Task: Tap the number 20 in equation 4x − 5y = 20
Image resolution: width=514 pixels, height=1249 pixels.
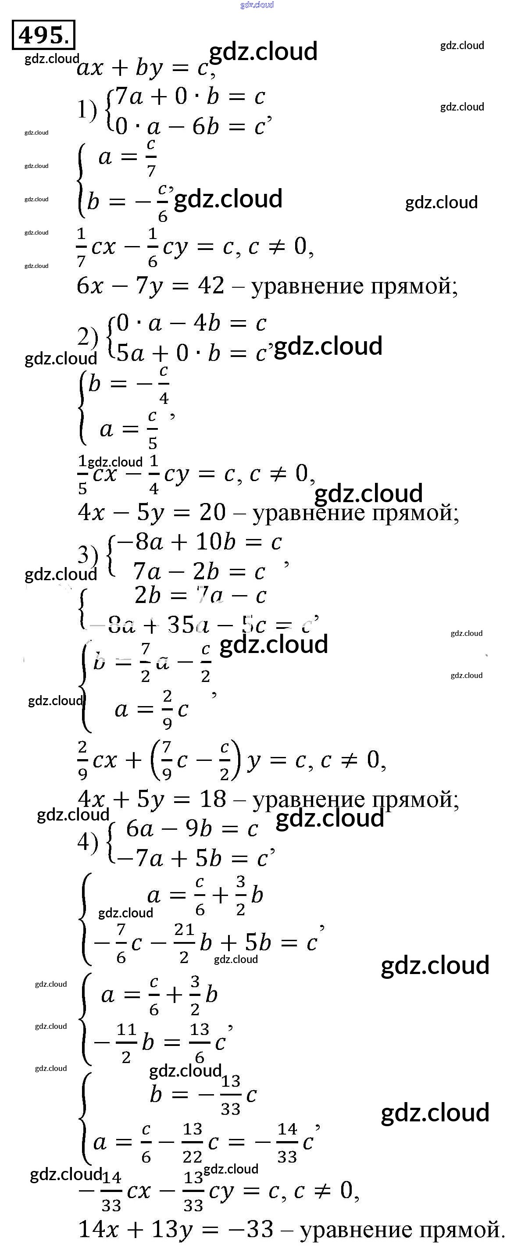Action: click(x=212, y=513)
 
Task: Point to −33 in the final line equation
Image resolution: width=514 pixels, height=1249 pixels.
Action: click(x=253, y=1229)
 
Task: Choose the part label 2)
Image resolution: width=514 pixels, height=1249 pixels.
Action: click(x=87, y=336)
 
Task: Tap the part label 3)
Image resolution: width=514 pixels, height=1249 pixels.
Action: click(x=87, y=554)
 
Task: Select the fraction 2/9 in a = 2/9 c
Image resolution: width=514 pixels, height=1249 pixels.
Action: click(x=167, y=709)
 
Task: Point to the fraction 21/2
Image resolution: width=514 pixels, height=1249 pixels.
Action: click(x=184, y=942)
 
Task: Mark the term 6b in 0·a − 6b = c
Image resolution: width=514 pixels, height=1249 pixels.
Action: click(x=206, y=127)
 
